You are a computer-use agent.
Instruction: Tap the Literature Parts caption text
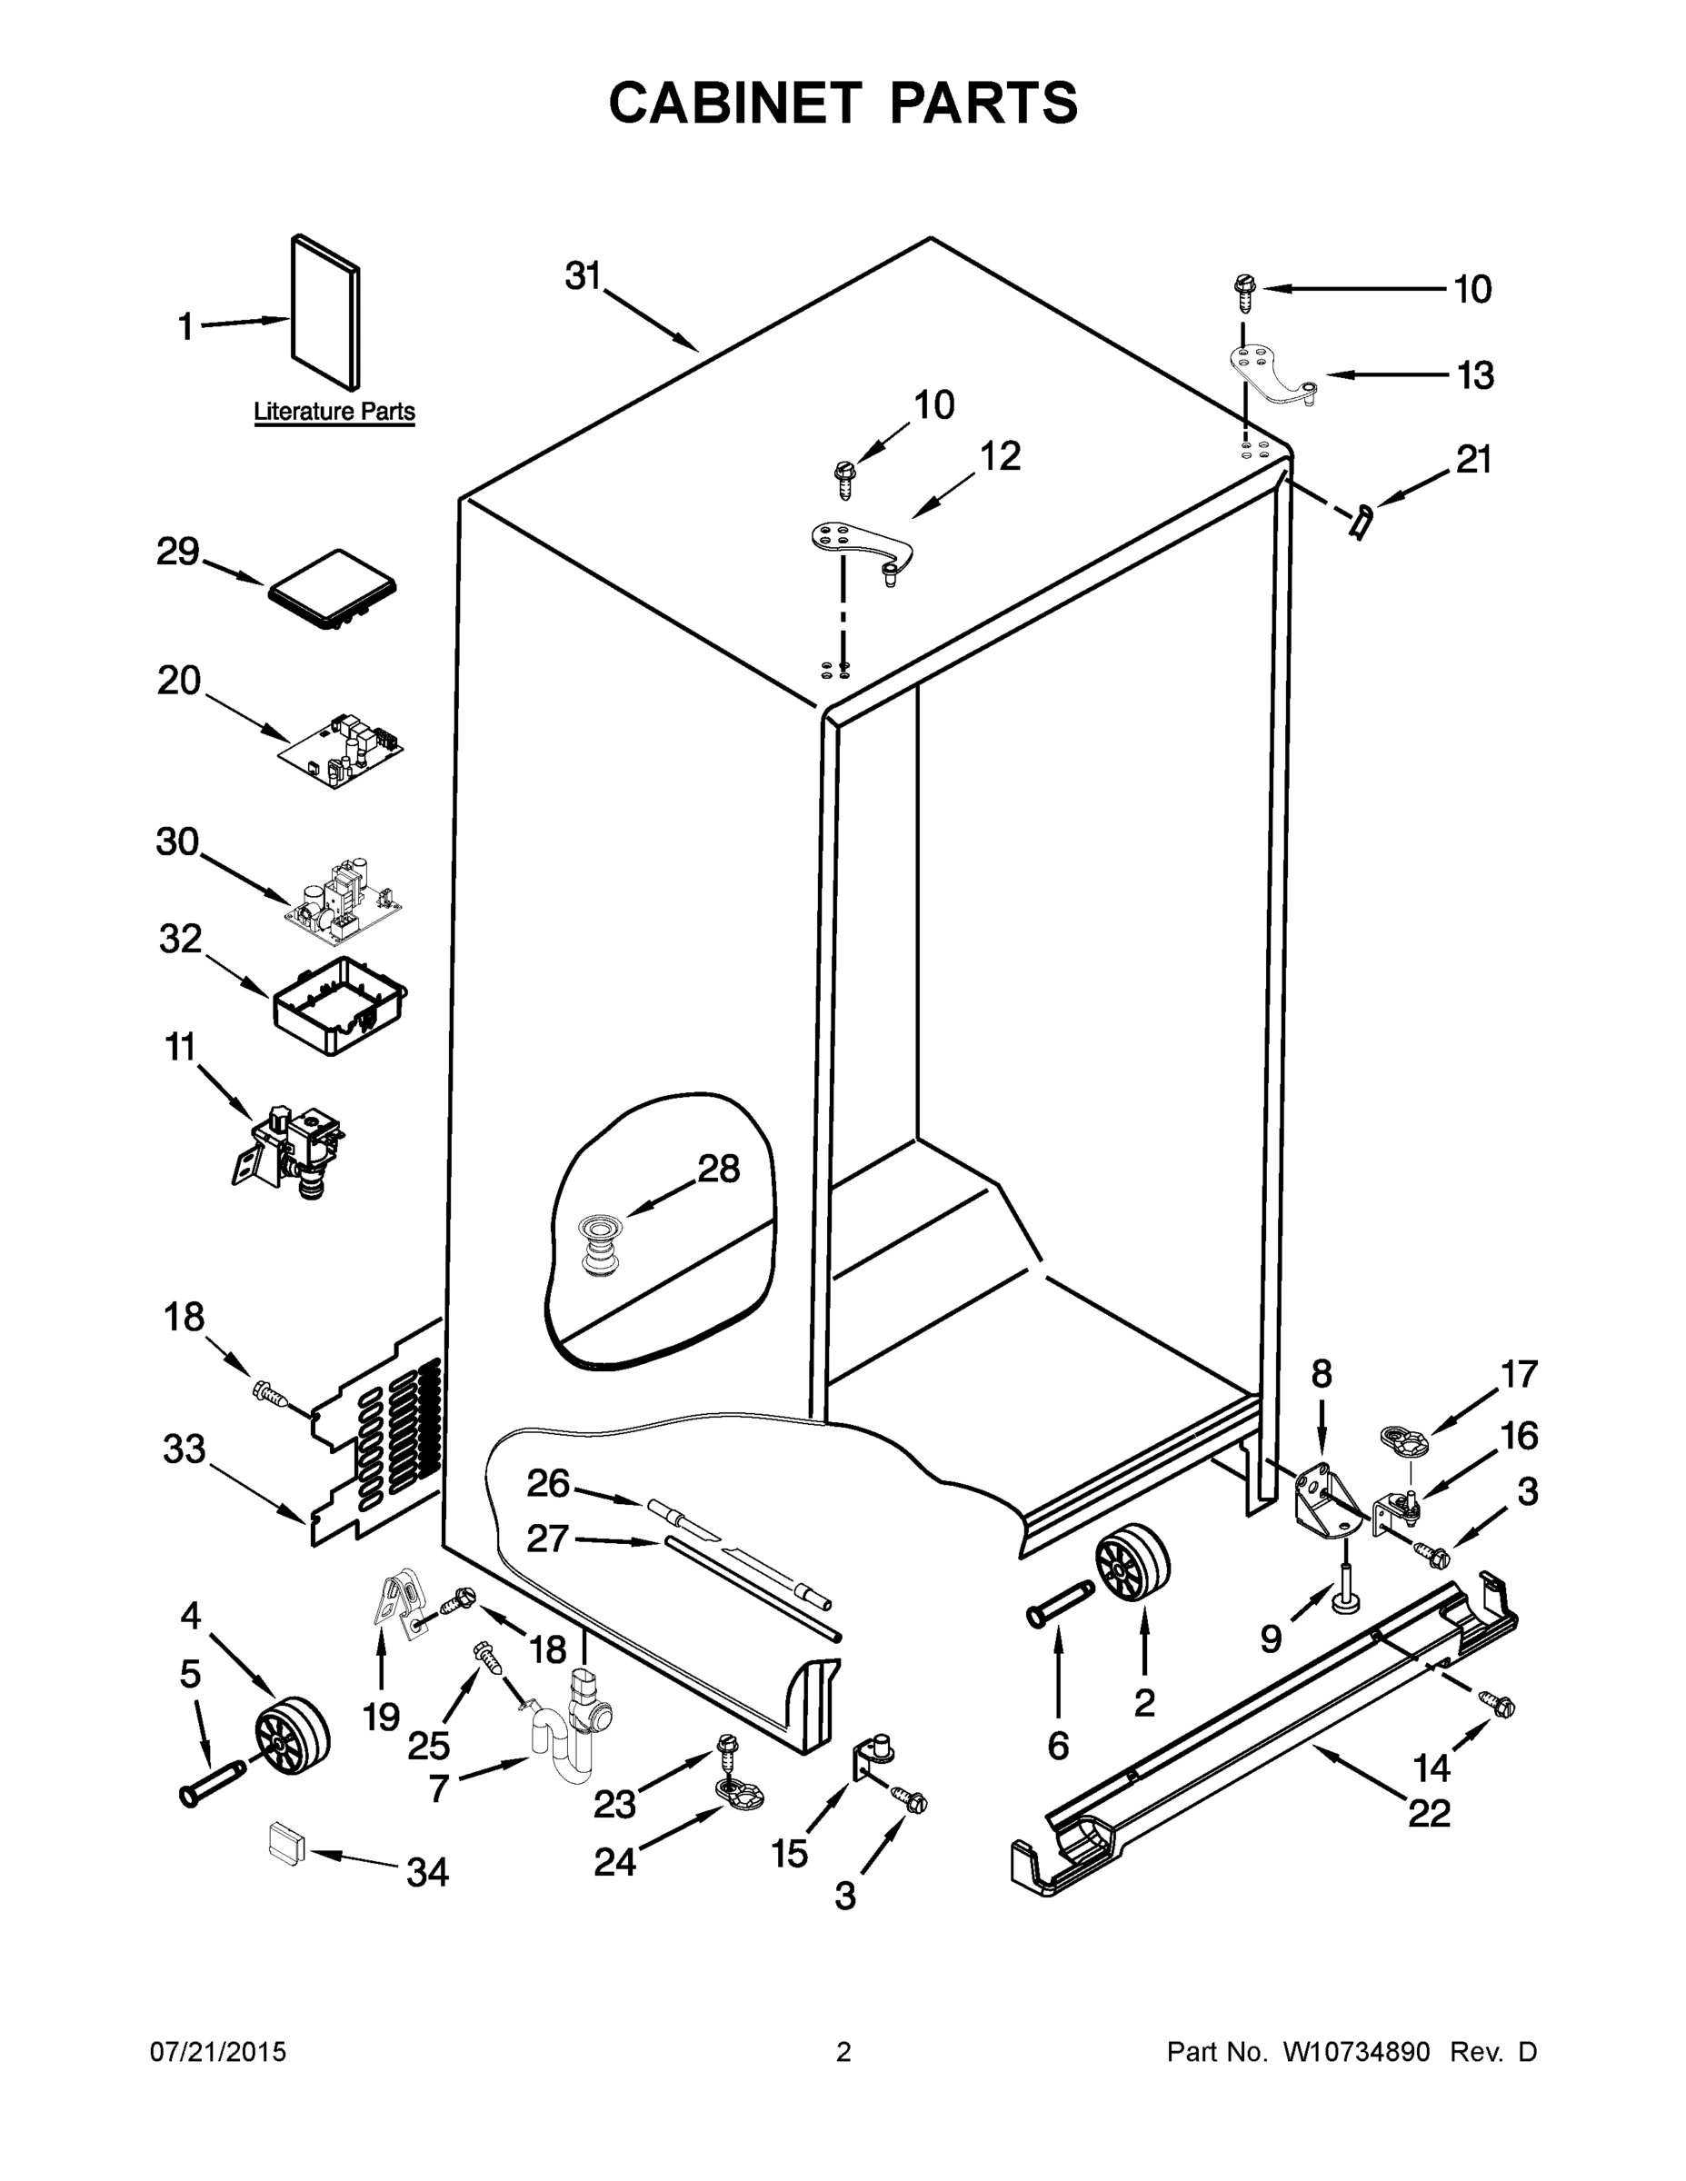point(334,412)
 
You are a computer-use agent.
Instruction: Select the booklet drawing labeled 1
point(325,313)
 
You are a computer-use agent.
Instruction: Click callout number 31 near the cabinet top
point(584,276)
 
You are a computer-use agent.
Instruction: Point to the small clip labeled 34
point(284,1839)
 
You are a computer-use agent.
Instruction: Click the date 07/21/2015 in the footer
point(218,2052)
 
